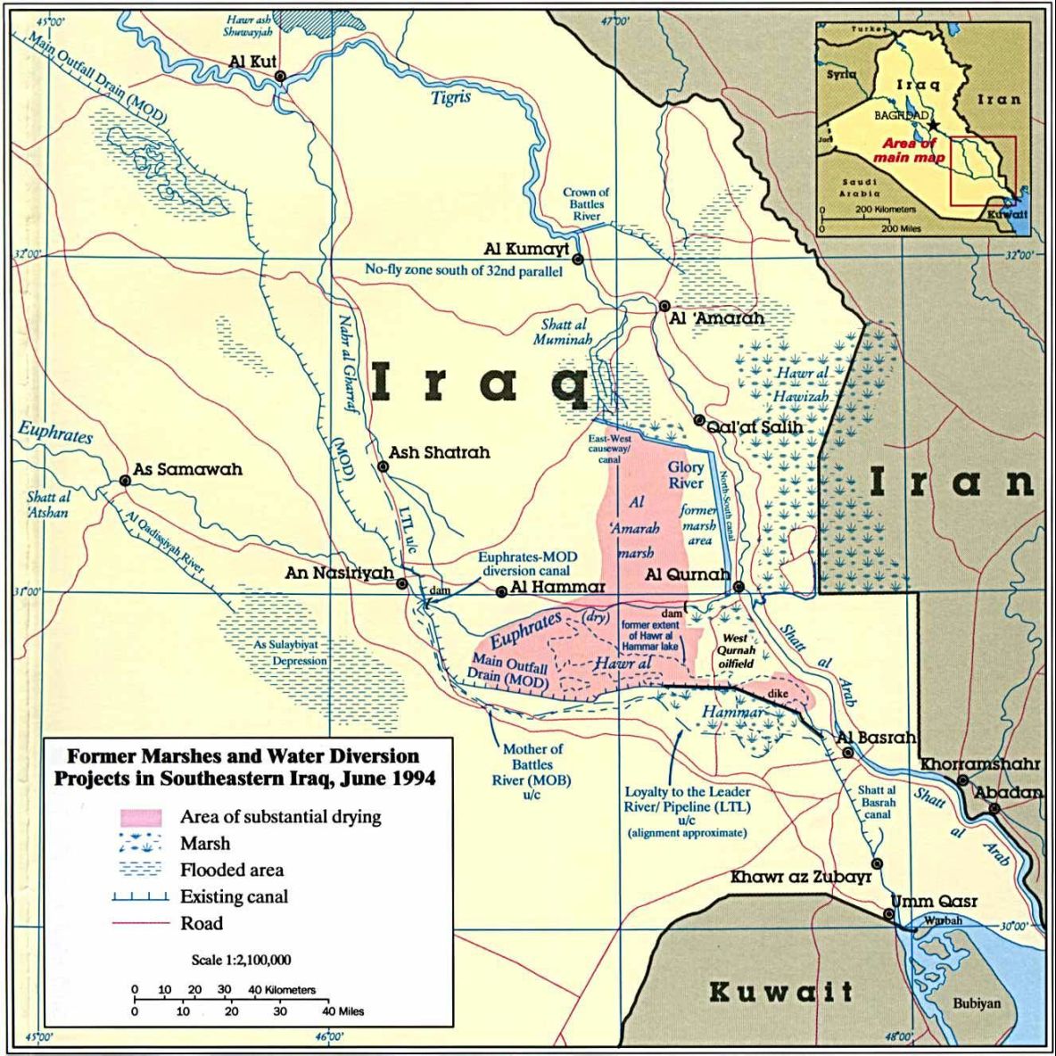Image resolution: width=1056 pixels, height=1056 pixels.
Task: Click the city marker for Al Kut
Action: pos(280,77)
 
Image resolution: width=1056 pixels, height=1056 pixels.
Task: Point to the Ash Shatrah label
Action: pos(439,452)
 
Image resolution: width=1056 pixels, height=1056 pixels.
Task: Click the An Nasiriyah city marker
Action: pos(402,584)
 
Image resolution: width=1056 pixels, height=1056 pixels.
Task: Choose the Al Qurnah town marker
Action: pos(738,586)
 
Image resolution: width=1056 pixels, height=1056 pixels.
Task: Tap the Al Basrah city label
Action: pos(877,738)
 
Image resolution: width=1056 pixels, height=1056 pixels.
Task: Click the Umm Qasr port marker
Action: pos(888,914)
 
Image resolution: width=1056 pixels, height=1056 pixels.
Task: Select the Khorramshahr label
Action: pos(980,764)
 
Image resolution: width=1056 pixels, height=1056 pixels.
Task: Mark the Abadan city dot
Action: pos(994,809)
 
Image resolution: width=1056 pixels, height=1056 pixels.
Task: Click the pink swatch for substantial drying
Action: pos(141,817)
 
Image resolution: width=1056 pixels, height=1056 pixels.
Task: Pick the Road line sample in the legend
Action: pos(141,923)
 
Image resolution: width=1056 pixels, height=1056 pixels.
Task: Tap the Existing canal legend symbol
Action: pos(141,897)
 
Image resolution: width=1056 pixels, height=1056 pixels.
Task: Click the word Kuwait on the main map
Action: pos(781,991)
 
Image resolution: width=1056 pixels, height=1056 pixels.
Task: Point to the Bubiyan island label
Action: pos(977,1003)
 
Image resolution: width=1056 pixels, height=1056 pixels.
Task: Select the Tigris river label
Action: pos(451,97)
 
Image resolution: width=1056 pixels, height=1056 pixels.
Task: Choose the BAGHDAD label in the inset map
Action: pos(902,116)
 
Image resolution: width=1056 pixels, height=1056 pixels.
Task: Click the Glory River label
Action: pos(686,474)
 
